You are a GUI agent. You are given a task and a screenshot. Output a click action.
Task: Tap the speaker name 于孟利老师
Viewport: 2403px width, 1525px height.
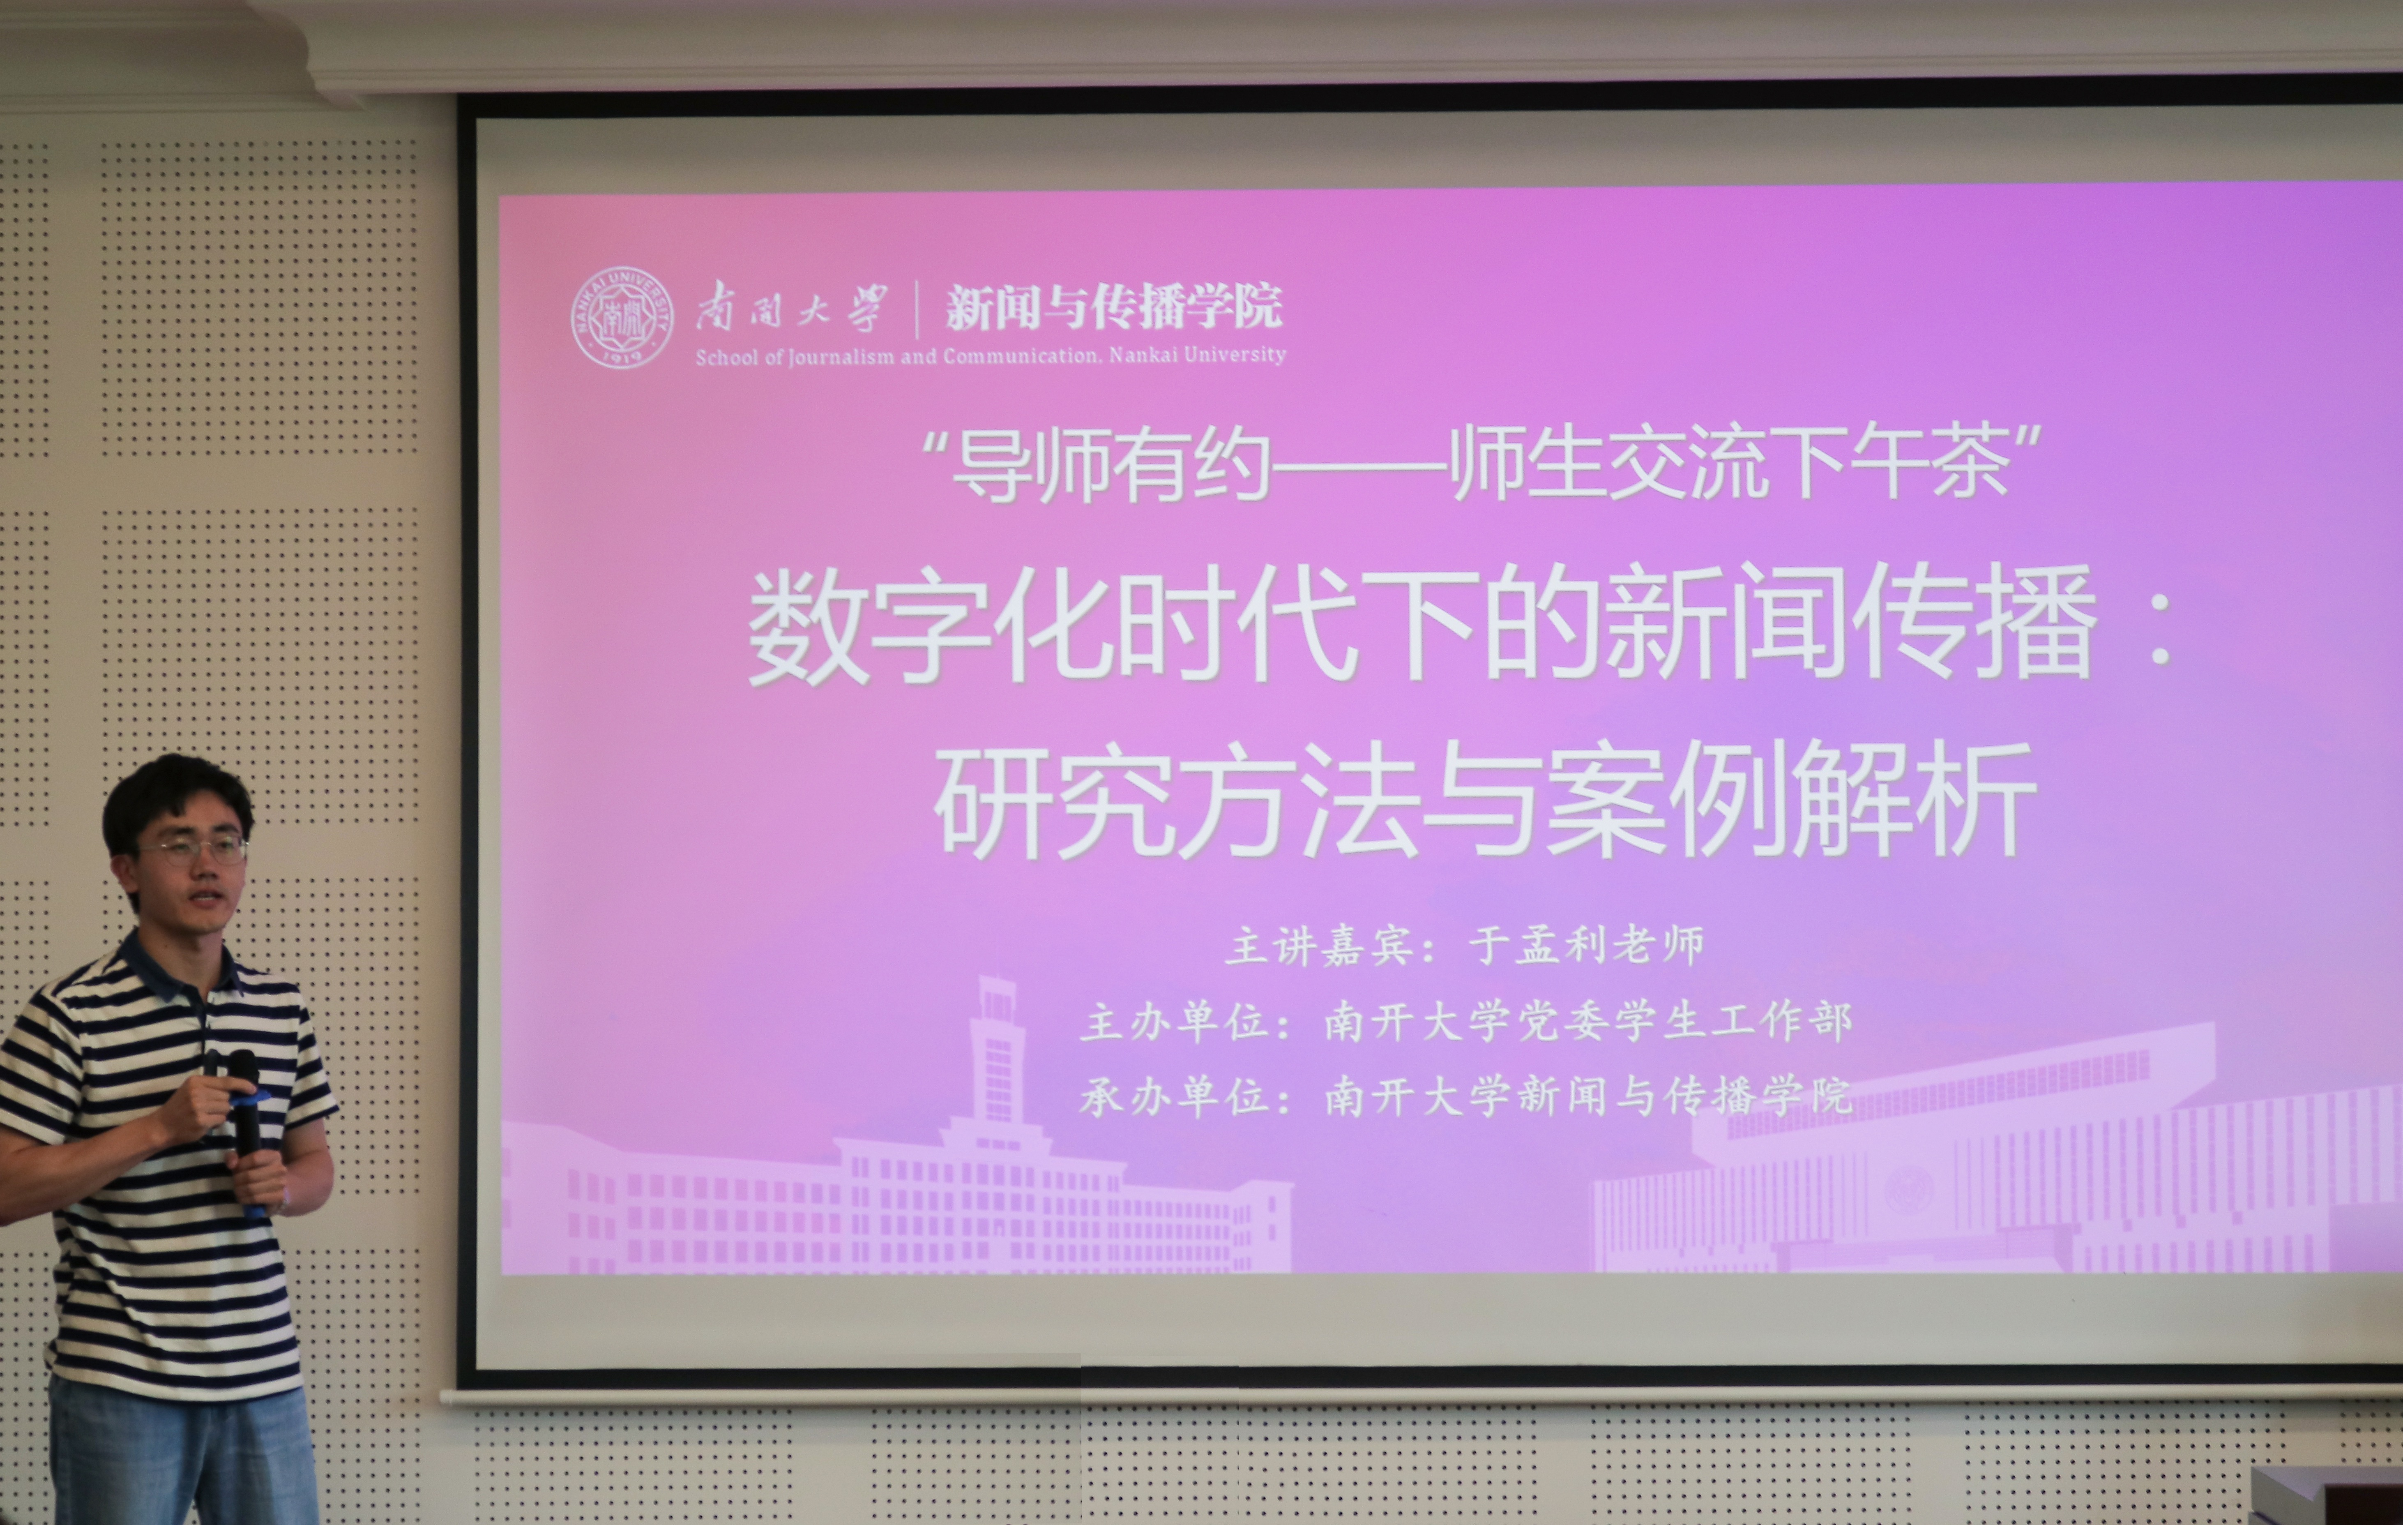click(1587, 944)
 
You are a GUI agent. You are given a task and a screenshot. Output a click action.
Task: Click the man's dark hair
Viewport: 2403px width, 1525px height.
click(177, 798)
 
